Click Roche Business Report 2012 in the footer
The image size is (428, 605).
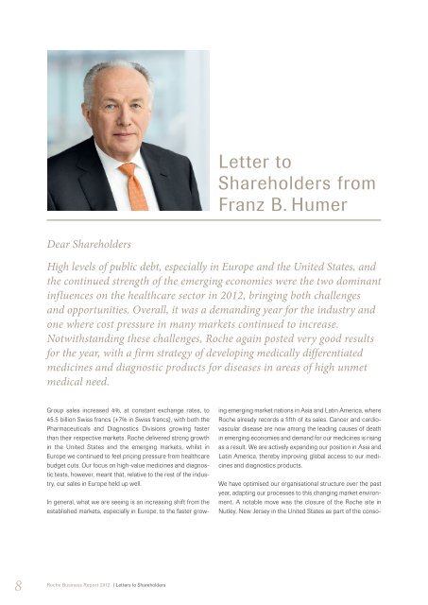click(80, 585)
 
